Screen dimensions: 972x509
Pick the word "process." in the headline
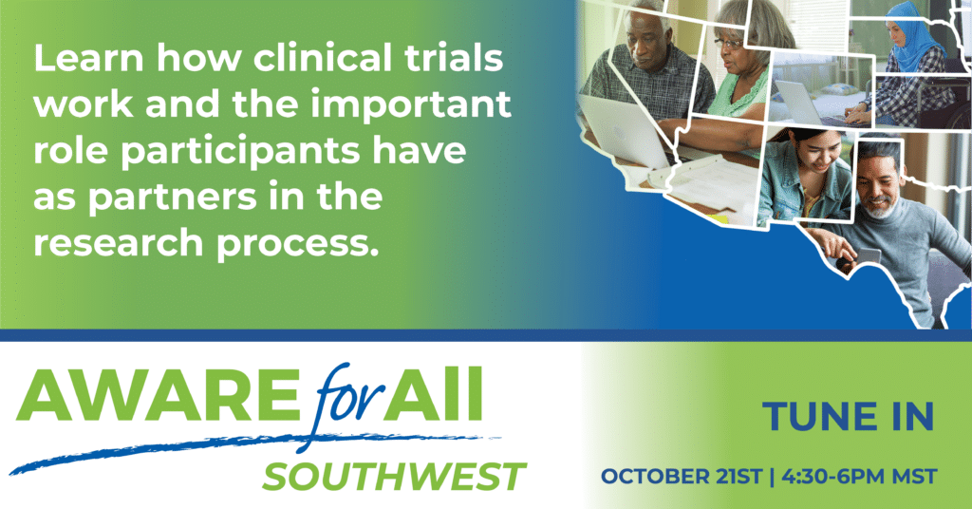pyautogui.click(x=297, y=244)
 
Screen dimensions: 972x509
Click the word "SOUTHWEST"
pyautogui.click(x=394, y=477)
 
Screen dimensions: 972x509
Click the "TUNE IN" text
pyautogui.click(x=848, y=416)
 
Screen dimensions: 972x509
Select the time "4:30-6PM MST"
pyautogui.click(x=859, y=477)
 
